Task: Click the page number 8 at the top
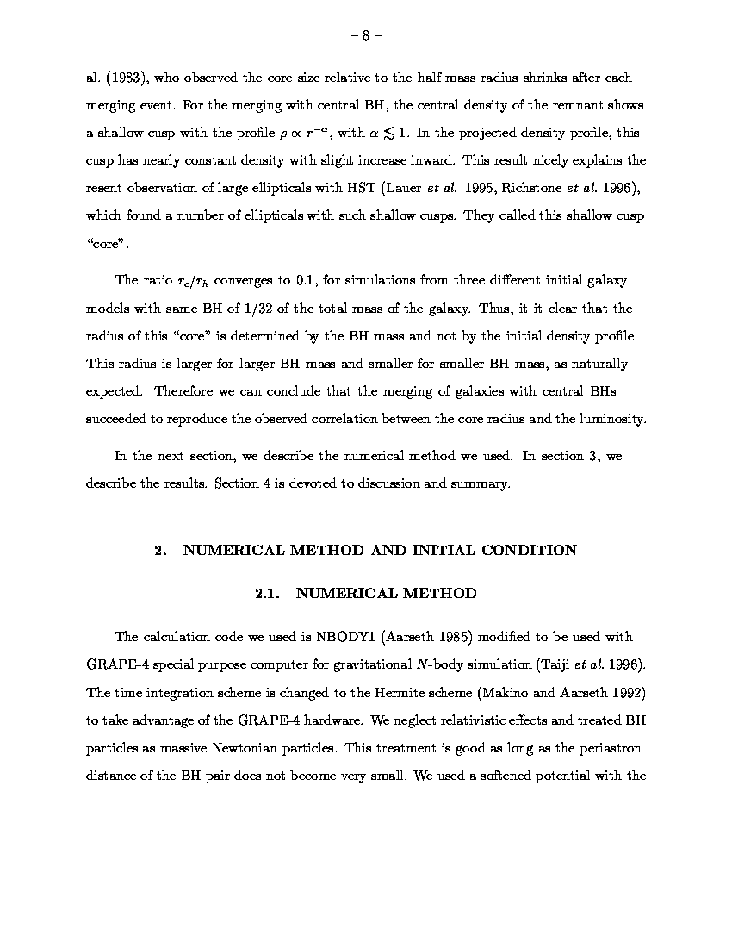[x=366, y=35]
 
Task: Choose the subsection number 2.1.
[x=268, y=593]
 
